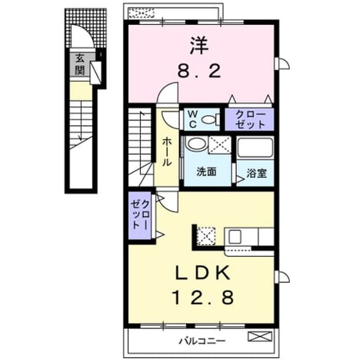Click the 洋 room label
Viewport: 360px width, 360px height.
[199, 46]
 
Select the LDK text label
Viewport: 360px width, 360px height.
[202, 272]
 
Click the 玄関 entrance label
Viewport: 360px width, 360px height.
[80, 64]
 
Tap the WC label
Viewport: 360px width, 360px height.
[192, 119]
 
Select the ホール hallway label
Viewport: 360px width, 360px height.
[166, 152]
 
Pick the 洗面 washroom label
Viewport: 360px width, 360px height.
[206, 172]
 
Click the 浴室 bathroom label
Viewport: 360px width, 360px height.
[256, 173]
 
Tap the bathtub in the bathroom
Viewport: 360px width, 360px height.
[255, 147]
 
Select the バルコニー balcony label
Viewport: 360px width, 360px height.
[202, 341]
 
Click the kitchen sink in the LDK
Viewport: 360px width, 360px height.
[235, 237]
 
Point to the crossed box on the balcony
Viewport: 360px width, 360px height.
[260, 336]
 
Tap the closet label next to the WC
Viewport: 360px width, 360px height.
[250, 119]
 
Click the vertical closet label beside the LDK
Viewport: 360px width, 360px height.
[140, 214]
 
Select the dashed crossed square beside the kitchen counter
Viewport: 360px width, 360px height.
[206, 236]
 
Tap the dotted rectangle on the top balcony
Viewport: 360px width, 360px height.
[141, 13]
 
